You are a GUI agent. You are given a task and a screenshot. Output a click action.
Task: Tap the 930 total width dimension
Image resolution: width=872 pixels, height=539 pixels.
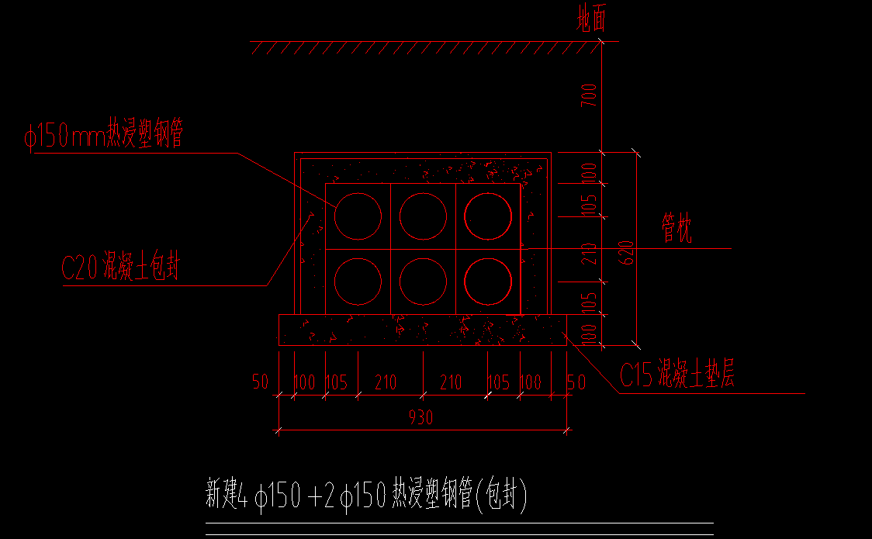(x=421, y=417)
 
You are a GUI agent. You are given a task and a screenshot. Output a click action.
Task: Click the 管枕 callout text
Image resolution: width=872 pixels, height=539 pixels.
(x=676, y=229)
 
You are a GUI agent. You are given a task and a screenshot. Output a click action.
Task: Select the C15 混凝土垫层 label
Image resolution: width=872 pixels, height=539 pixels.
(x=676, y=375)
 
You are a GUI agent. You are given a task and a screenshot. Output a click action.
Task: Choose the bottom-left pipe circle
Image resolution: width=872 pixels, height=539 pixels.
(x=358, y=281)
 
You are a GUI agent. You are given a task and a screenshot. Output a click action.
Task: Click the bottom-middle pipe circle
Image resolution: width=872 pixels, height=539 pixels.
(x=423, y=281)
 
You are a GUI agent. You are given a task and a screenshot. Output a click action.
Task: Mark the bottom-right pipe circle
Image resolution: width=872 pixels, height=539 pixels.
(x=488, y=281)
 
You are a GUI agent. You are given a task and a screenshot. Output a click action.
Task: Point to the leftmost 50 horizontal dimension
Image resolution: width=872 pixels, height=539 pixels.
(x=260, y=382)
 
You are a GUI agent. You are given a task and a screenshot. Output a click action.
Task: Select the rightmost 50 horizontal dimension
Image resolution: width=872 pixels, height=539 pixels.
(x=576, y=382)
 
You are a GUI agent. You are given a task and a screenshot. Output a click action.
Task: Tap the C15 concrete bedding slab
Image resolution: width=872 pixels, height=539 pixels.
(x=423, y=330)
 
